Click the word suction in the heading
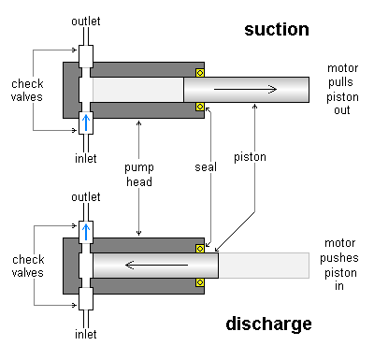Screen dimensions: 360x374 (276, 29)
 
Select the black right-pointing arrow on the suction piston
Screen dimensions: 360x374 (246, 90)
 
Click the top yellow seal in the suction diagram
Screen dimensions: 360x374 (199, 73)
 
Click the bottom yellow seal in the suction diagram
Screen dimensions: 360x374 (199, 107)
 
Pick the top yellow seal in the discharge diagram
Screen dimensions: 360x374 (199, 248)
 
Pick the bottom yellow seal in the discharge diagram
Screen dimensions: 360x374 (199, 281)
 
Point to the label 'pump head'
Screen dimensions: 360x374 (138, 176)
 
